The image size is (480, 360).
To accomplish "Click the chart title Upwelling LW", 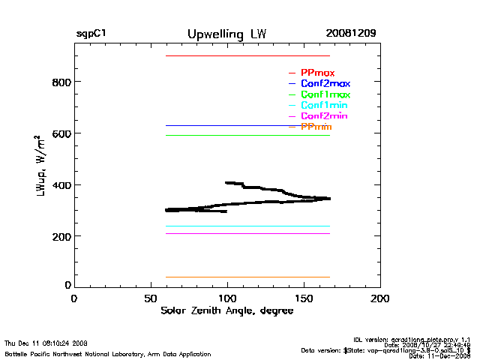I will coord(226,34).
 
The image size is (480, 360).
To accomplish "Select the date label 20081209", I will coord(351,34).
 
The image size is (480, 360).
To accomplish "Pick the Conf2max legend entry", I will coord(325,84).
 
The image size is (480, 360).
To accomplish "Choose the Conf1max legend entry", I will coord(325,94).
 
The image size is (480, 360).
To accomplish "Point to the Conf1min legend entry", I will coord(324,106).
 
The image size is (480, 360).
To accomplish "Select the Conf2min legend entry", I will coord(324,116).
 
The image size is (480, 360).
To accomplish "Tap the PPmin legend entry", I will coord(316,127).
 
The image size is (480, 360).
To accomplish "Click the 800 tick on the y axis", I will coord(60,82).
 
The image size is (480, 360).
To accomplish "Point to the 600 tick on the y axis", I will coord(60,133).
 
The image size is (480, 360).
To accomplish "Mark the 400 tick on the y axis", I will coord(60,185).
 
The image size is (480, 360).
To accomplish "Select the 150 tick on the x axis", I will coord(304,298).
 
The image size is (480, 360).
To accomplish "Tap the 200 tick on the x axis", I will coord(380,298).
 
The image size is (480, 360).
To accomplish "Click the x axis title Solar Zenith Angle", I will coord(226,311).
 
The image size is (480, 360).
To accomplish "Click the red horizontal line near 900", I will coord(247,56).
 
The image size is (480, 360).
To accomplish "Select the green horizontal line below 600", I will coord(247,136).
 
